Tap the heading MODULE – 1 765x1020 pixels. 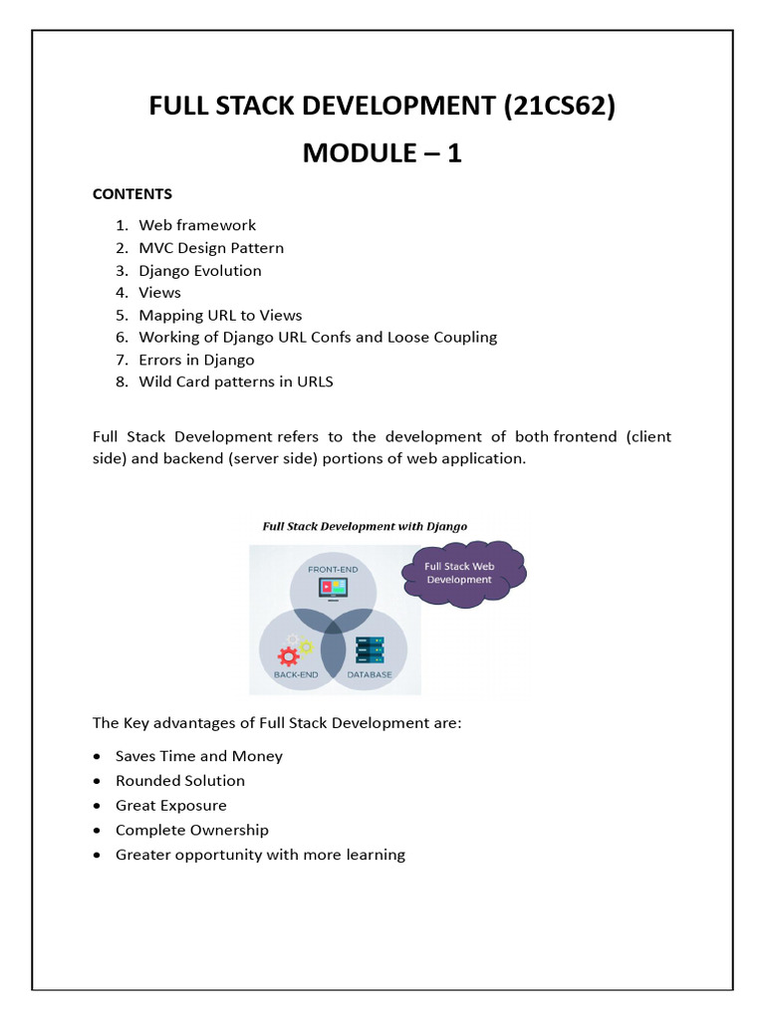coord(382,153)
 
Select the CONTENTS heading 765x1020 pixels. coord(132,193)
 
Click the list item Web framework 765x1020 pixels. coord(197,225)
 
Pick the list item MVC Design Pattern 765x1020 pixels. coord(211,248)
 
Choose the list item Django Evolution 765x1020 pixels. coord(200,271)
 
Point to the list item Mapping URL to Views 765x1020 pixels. coord(220,315)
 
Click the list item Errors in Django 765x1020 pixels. coord(196,360)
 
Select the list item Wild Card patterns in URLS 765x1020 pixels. coord(236,382)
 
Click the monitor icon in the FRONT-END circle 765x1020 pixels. coord(333,589)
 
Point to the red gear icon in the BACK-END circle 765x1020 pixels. coord(289,656)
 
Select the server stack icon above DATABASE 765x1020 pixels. coord(370,649)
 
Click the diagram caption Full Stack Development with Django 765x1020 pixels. coord(365,526)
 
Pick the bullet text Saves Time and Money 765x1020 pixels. coord(199,756)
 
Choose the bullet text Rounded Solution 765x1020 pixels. coord(180,781)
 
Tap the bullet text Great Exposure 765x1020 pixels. coord(171,805)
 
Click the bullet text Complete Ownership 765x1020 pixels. coord(192,830)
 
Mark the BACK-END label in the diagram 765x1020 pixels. coord(297,674)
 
